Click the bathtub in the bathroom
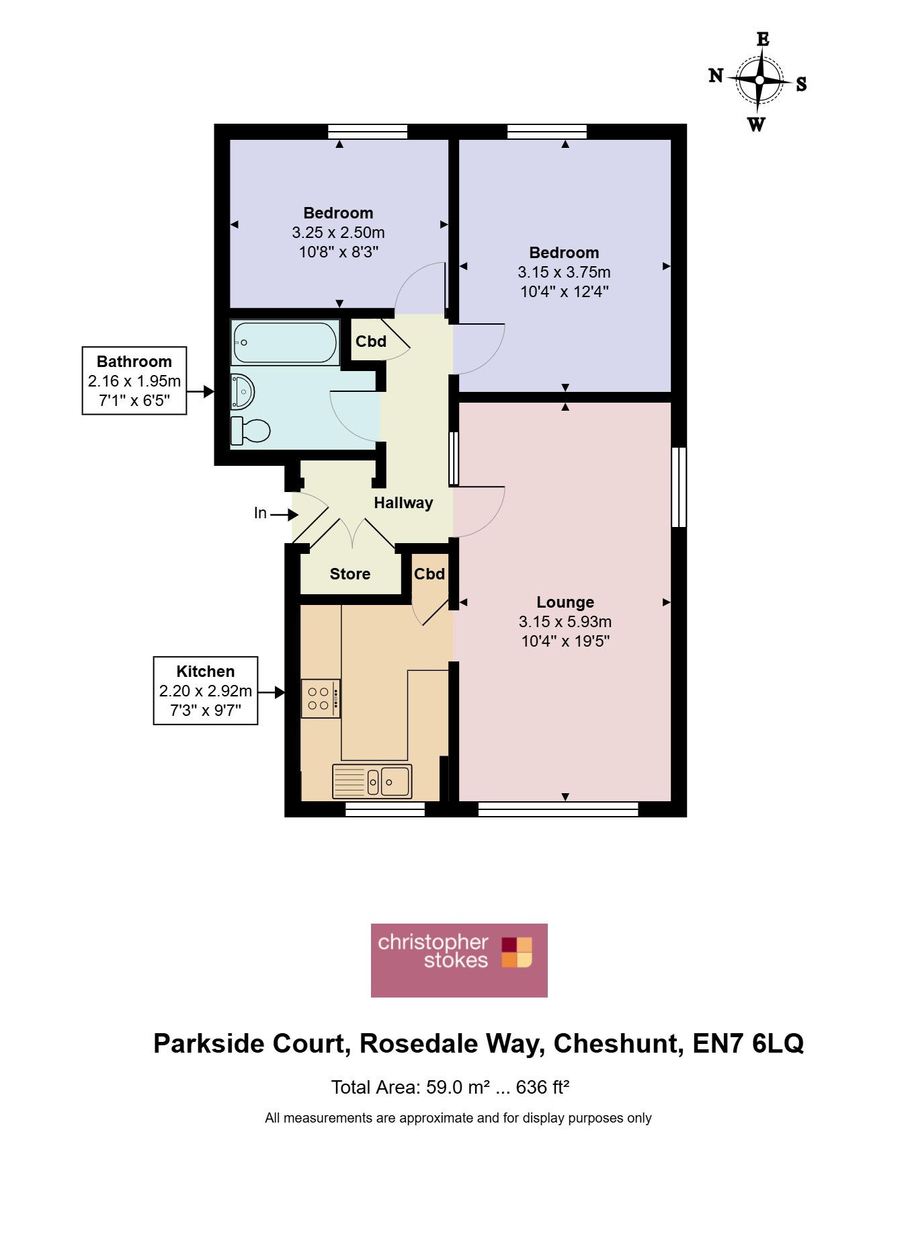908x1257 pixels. pyautogui.click(x=285, y=342)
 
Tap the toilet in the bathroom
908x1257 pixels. pyautogui.click(x=250, y=431)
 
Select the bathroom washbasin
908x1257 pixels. pyautogui.click(x=243, y=391)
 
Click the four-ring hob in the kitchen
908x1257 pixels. pyautogui.click(x=321, y=698)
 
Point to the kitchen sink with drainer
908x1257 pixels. pyautogui.click(x=372, y=781)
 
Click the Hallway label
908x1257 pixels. pyautogui.click(x=403, y=503)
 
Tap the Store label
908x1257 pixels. pyautogui.click(x=350, y=574)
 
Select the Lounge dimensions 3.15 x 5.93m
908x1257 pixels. pyautogui.click(x=565, y=622)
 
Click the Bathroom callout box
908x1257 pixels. pyautogui.click(x=134, y=380)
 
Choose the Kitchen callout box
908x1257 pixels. pyautogui.click(x=206, y=690)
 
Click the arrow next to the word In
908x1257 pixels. pyautogui.click(x=284, y=515)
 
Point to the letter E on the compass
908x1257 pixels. pyautogui.click(x=763, y=39)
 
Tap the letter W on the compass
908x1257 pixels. pyautogui.click(x=756, y=124)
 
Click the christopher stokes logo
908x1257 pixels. pyautogui.click(x=459, y=960)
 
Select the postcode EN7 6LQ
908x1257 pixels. pyautogui.click(x=748, y=1043)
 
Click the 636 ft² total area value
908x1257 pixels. pyautogui.click(x=543, y=1087)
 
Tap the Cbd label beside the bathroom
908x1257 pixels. pyautogui.click(x=371, y=341)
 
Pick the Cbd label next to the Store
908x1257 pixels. pyautogui.click(x=429, y=574)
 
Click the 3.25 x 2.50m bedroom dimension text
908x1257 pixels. pyautogui.click(x=339, y=233)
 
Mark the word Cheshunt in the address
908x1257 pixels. pyautogui.click(x=618, y=1043)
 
